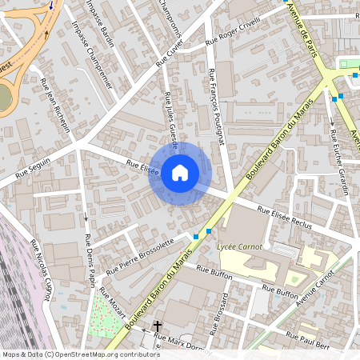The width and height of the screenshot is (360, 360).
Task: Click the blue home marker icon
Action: tap(180, 173)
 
